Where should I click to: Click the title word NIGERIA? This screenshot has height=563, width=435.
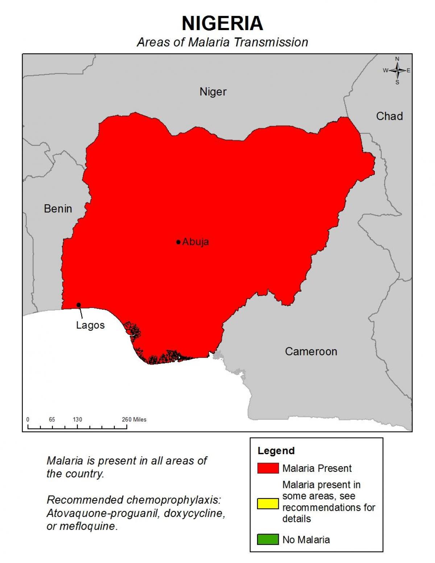[222, 24]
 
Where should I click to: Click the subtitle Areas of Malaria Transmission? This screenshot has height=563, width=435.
[222, 42]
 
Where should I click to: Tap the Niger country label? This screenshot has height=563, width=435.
[213, 92]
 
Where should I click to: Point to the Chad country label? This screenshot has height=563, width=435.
[389, 116]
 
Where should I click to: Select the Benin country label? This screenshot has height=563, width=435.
[58, 209]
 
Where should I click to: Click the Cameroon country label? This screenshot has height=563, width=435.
[311, 352]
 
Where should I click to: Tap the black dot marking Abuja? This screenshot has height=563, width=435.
[178, 242]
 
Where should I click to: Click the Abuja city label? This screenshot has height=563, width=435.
[195, 242]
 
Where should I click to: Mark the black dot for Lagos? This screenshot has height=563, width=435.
[79, 305]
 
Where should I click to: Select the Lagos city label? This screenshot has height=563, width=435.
[90, 325]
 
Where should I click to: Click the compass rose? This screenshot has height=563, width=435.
[397, 70]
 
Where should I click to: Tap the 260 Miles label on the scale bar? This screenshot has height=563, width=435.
[134, 419]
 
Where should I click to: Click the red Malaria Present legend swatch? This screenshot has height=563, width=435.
[268, 468]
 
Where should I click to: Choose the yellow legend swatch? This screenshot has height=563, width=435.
[268, 504]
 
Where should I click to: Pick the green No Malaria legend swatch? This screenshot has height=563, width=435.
[268, 539]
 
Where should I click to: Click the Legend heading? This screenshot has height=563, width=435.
[276, 451]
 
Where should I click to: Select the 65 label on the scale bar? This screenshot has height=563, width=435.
[52, 419]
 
